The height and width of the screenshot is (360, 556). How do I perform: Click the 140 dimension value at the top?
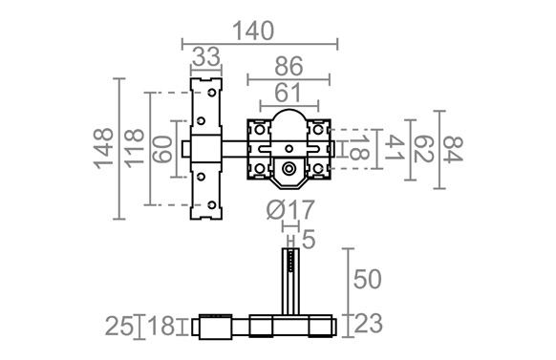253,32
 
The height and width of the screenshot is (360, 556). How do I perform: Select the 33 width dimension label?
206,57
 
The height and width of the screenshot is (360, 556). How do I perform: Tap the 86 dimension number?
289,66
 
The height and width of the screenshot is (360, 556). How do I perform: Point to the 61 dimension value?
288,93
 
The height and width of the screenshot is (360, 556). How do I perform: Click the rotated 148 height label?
103,148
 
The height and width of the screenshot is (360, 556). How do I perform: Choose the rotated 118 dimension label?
134,148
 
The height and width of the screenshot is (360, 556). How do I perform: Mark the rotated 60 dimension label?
162,149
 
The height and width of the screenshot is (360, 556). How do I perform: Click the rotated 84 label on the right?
454,150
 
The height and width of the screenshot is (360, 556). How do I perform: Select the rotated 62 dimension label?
424,150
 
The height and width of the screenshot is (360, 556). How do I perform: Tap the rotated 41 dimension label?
395,147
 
